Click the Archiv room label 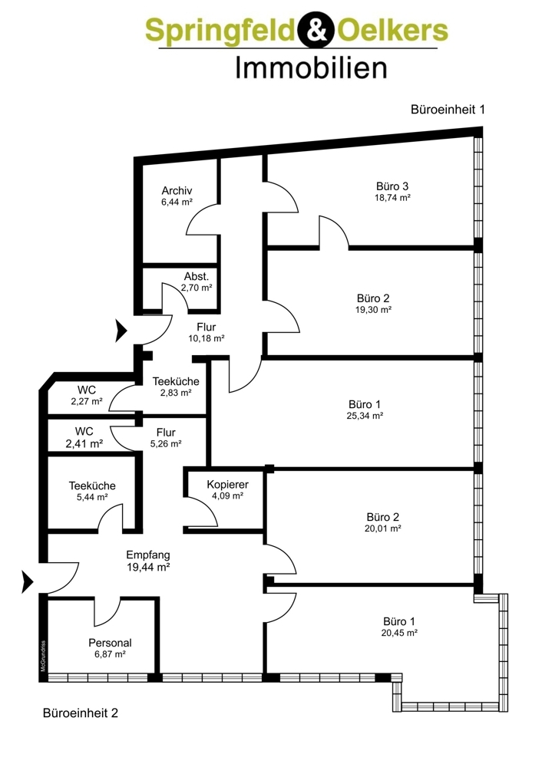point(177,190)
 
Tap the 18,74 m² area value point(392,198)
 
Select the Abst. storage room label point(197,276)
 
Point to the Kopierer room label point(228,484)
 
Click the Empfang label point(148,555)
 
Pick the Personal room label point(110,643)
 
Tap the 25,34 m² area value point(365,416)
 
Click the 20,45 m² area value point(399,633)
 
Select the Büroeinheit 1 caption point(448,109)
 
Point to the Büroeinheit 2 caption point(81,713)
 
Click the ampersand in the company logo point(316,30)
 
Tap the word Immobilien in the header point(312,68)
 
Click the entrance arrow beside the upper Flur point(121,331)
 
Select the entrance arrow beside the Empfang point(27,582)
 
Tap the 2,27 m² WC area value point(87,402)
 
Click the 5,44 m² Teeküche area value point(92,497)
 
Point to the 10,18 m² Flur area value point(206,338)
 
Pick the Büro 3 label point(392,186)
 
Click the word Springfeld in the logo point(221,31)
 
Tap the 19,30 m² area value point(373,310)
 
